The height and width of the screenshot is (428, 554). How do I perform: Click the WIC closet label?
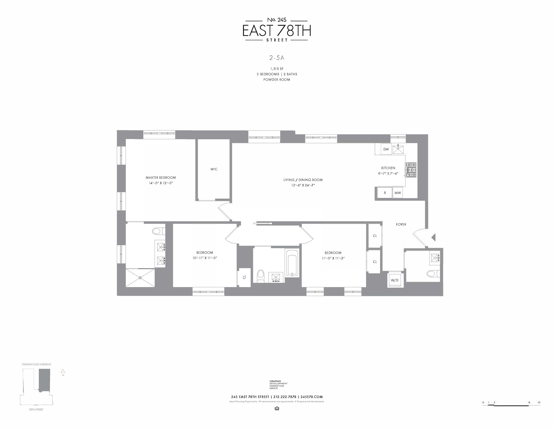point(214,169)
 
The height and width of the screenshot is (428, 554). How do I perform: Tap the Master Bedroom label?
point(161,177)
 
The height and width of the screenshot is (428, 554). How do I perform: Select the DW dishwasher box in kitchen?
point(386,149)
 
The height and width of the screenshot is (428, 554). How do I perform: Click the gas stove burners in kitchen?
point(411,170)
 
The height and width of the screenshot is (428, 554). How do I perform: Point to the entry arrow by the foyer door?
point(434,237)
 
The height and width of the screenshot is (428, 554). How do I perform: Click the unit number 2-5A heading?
point(277,58)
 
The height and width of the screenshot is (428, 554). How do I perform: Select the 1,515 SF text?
point(277,69)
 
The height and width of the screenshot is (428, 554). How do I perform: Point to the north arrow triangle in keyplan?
point(63,371)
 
